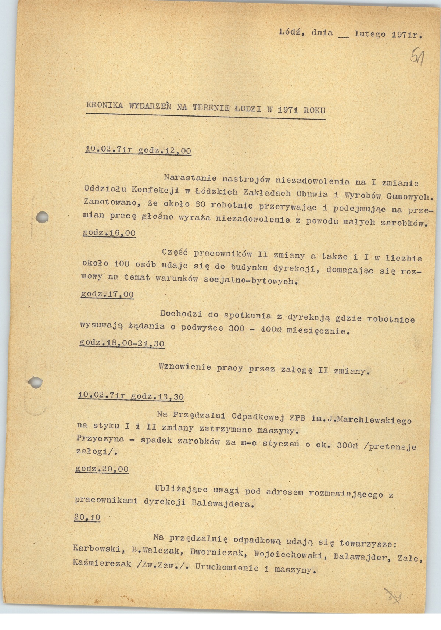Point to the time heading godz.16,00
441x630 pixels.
(x=110, y=233)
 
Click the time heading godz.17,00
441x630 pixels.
(x=107, y=294)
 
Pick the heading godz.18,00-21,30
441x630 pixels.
(x=122, y=344)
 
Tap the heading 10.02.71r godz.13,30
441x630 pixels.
(x=131, y=396)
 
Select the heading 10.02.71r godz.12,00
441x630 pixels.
(x=138, y=150)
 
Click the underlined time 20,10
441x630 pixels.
(x=87, y=517)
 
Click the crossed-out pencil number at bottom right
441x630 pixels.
(x=393, y=604)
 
